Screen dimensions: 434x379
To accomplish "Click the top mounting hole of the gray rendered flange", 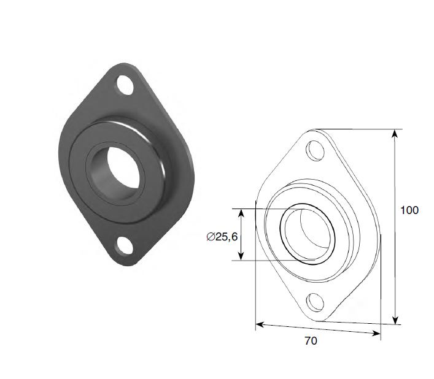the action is point(125,85).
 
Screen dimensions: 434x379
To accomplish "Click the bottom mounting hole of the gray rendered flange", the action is point(125,245).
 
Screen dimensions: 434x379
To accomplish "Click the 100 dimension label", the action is point(409,210).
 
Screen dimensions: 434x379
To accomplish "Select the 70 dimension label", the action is point(311,340).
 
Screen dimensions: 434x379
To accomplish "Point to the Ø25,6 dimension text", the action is point(222,237).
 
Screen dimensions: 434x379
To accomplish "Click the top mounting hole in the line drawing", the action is point(315,150).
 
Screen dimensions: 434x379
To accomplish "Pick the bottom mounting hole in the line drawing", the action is point(315,302).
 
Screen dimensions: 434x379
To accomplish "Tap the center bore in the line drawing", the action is point(308,234).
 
